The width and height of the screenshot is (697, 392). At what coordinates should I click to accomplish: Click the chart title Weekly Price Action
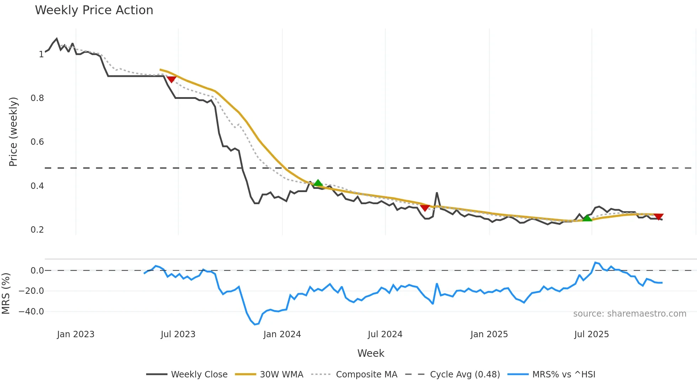pyautogui.click(x=94, y=10)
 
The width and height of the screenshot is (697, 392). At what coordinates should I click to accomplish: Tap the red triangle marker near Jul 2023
pyautogui.click(x=172, y=79)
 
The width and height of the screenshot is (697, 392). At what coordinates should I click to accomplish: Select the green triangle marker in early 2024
pyautogui.click(x=318, y=183)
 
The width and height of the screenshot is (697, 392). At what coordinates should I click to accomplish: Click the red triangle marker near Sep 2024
pyautogui.click(x=425, y=208)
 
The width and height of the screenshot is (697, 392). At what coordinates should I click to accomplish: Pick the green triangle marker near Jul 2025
pyautogui.click(x=587, y=218)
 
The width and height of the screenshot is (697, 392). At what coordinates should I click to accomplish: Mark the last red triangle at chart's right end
pyautogui.click(x=659, y=217)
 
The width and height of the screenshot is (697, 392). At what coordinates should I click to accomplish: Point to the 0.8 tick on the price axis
pyautogui.click(x=37, y=98)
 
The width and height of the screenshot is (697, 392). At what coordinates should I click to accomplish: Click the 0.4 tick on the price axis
pyautogui.click(x=37, y=186)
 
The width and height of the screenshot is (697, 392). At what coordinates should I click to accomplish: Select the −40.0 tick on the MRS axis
pyautogui.click(x=31, y=312)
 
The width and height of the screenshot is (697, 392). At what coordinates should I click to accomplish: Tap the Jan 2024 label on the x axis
pyautogui.click(x=282, y=334)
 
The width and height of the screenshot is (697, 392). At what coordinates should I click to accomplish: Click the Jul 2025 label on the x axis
pyautogui.click(x=591, y=334)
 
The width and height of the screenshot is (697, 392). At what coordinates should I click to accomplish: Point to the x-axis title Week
pyautogui.click(x=371, y=353)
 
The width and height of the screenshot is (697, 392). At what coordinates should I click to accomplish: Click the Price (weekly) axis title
pyautogui.click(x=13, y=132)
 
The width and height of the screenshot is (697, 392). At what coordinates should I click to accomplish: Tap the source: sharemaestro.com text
pyautogui.click(x=629, y=314)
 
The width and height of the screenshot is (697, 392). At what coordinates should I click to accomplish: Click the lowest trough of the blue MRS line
pyautogui.click(x=255, y=324)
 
